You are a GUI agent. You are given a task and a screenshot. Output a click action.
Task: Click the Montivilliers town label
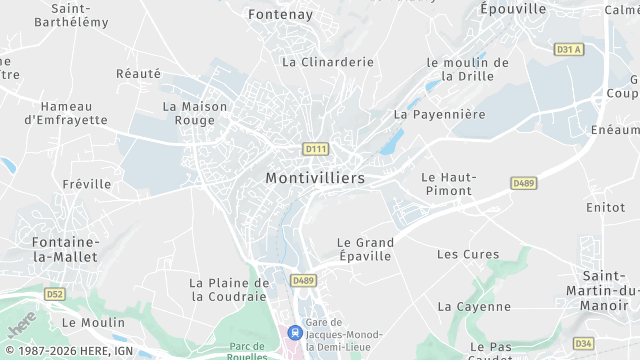pyautogui.click(x=315, y=177)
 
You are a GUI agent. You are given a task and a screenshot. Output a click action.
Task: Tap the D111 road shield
pyautogui.click(x=315, y=149)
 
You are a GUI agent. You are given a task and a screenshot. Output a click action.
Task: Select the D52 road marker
pyautogui.click(x=54, y=294)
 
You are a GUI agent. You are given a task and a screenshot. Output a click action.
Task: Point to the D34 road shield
pyautogui.click(x=584, y=344)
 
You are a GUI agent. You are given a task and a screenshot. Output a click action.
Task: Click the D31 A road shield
pyautogui.click(x=568, y=49)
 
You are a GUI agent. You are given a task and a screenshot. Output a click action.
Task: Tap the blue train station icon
pyautogui.click(x=294, y=331)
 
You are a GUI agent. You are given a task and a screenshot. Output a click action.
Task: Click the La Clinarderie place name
pyautogui.click(x=327, y=62)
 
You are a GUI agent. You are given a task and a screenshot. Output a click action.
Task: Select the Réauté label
pyautogui.click(x=138, y=73)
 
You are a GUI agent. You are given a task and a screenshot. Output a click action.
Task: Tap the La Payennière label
pyautogui.click(x=439, y=114)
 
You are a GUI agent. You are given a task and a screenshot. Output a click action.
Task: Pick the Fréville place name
pyautogui.click(x=87, y=184)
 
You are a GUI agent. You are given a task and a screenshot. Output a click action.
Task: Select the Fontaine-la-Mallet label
pyautogui.click(x=65, y=249)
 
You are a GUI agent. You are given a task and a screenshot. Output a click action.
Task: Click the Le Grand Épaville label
pyautogui.click(x=365, y=249)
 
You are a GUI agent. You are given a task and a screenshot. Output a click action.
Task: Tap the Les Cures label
pyautogui.click(x=467, y=254)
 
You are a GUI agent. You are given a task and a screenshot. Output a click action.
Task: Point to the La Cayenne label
pyautogui.click(x=474, y=306)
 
